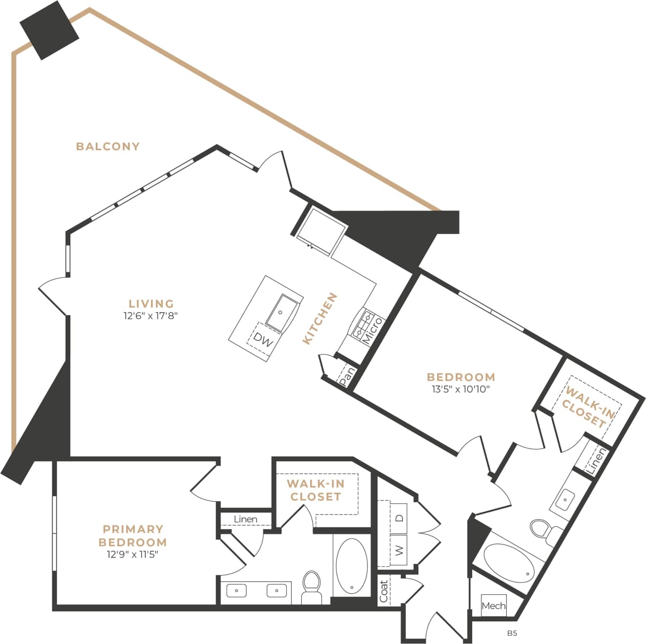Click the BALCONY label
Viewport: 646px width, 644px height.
pyautogui.click(x=108, y=147)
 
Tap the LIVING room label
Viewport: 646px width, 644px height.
pyautogui.click(x=151, y=304)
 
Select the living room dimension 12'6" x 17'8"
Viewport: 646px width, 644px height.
pyautogui.click(x=151, y=316)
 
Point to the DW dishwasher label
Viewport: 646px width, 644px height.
pyautogui.click(x=263, y=341)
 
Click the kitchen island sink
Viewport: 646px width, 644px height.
pyautogui.click(x=282, y=312)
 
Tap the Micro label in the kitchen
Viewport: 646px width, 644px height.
pyautogui.click(x=372, y=331)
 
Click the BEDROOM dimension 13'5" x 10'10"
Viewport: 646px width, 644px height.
pyautogui.click(x=461, y=389)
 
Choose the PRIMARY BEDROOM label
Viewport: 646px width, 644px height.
pyautogui.click(x=133, y=536)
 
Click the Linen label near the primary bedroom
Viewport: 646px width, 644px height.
pyautogui.click(x=245, y=519)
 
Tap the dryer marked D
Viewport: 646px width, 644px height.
pyautogui.click(x=399, y=517)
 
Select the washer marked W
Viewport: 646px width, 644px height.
pyautogui.click(x=399, y=551)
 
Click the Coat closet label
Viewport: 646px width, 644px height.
pyautogui.click(x=384, y=591)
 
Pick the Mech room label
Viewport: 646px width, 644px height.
pyautogui.click(x=493, y=605)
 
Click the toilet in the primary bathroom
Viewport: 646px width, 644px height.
pyautogui.click(x=312, y=587)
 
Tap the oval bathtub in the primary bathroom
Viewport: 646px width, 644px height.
pyautogui.click(x=352, y=566)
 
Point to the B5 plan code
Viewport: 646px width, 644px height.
pyautogui.click(x=512, y=633)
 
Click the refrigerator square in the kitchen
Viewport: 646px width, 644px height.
pyautogui.click(x=321, y=229)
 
